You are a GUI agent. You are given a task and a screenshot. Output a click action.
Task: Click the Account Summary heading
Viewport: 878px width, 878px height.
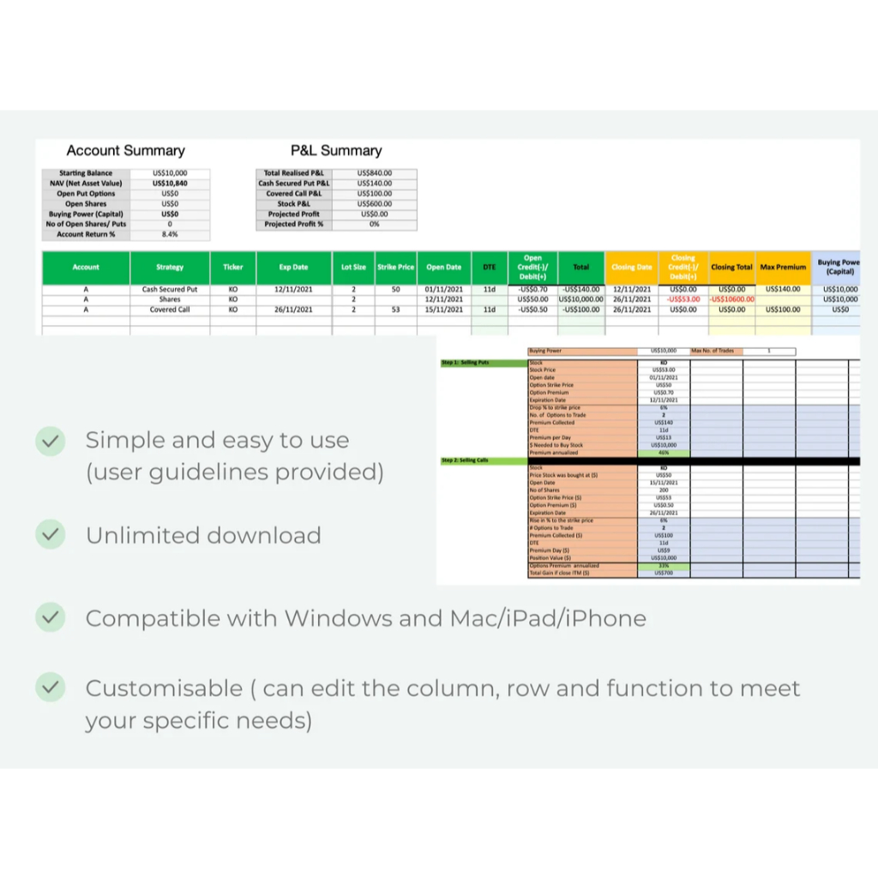pyautogui.click(x=125, y=151)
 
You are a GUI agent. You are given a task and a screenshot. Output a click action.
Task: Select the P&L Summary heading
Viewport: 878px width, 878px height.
pyautogui.click(x=336, y=151)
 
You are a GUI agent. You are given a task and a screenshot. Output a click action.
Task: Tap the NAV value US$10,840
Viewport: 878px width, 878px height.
pyautogui.click(x=170, y=183)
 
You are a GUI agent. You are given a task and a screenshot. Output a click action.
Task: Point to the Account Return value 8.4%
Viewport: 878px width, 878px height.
pyautogui.click(x=170, y=234)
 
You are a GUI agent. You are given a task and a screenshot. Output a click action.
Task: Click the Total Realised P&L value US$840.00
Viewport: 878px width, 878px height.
pyautogui.click(x=376, y=173)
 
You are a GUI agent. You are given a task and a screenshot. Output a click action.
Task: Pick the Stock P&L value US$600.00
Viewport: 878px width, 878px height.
pyautogui.click(x=376, y=204)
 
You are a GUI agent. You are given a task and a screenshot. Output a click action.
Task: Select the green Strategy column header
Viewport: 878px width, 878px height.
pyautogui.click(x=170, y=268)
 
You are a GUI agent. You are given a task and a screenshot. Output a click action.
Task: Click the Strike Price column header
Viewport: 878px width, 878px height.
pyautogui.click(x=396, y=268)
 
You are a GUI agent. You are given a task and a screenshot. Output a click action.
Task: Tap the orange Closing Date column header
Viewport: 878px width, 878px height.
pyautogui.click(x=632, y=268)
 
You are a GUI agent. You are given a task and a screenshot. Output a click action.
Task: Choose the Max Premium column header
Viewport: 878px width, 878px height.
pyautogui.click(x=783, y=268)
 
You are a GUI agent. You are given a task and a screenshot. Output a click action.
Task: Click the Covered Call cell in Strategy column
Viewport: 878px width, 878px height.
pyautogui.click(x=170, y=310)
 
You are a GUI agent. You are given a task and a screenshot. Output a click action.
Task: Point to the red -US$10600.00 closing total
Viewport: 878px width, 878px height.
pyautogui.click(x=732, y=299)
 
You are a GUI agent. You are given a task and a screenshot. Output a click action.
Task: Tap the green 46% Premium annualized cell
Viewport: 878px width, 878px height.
pyautogui.click(x=664, y=453)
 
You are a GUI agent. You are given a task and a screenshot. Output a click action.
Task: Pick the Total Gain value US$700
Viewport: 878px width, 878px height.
pyautogui.click(x=664, y=573)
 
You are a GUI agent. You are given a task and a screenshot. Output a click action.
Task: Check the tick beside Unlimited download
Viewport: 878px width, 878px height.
pyautogui.click(x=51, y=535)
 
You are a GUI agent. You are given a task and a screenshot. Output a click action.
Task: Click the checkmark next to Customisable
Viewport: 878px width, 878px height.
pyautogui.click(x=51, y=688)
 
